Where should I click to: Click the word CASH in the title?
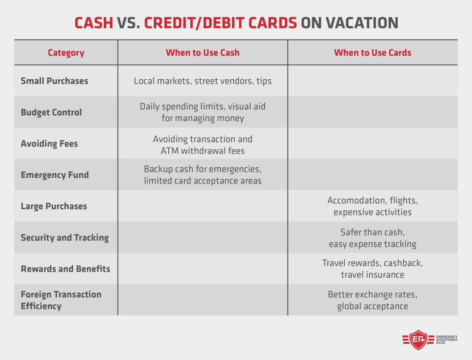[x=94, y=23]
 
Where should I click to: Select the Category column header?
[x=66, y=53]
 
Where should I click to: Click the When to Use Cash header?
[x=202, y=53]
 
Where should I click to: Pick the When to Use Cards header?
[x=372, y=53]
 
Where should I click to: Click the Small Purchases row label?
[x=54, y=81]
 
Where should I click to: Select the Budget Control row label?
[x=51, y=112]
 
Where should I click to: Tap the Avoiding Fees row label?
[x=49, y=143]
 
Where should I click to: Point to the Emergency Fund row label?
[x=55, y=175]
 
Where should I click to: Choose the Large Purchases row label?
[x=54, y=206]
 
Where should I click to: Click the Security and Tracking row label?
[x=65, y=237]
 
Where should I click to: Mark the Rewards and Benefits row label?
[x=65, y=269]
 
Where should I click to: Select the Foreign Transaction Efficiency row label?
[x=61, y=300]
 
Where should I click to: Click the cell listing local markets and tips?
[x=202, y=81]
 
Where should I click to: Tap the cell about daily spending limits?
[x=202, y=112]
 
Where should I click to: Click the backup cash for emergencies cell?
[x=202, y=175]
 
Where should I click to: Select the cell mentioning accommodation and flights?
[x=372, y=206]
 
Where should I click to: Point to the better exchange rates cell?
[x=372, y=300]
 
